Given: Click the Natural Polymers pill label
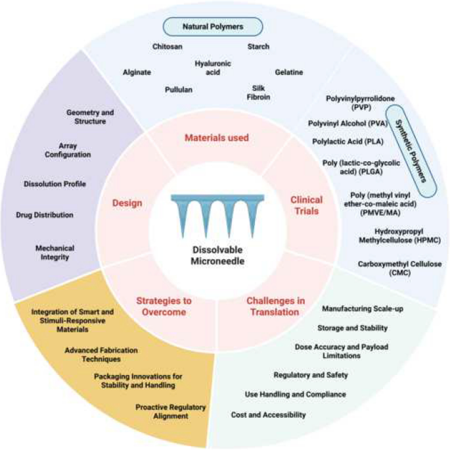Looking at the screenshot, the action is pos(213,27).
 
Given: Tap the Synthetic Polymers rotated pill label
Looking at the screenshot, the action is pos(411,151).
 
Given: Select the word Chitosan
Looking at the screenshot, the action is pos(168,47).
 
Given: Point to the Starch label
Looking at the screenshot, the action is pos(258,47).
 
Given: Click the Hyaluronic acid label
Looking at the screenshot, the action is pos(213,68).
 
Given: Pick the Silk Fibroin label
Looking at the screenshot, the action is pos(258,93).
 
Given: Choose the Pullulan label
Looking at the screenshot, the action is pos(179,89).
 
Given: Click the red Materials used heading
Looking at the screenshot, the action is pos(217,137).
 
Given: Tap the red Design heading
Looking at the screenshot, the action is pos(127,203).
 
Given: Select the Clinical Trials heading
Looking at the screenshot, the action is pos(307,205).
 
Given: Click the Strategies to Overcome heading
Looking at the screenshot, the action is pos(164,307).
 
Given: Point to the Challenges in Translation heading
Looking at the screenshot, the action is pos(275,307).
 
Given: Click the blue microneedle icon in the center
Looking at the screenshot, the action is pos(217,215).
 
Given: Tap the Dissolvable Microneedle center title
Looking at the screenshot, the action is pos(217,255).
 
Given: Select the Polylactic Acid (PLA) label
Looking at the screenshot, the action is pos(348,141).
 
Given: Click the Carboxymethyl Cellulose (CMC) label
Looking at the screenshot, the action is pos(400,268).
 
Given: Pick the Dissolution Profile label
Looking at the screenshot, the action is pos(55,184).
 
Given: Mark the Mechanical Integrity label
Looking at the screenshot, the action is pos(55,253).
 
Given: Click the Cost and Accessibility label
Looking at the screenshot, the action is pos(268,414).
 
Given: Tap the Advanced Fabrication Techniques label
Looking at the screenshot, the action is pos(101,355).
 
